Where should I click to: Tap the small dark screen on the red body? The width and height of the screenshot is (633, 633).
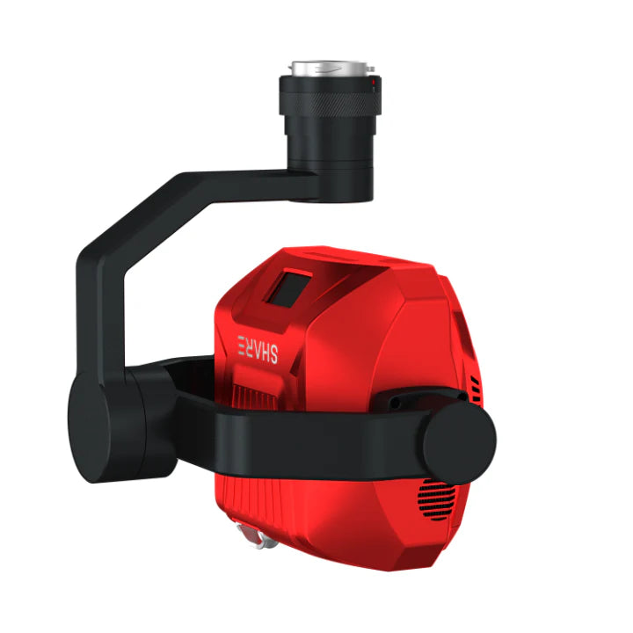tap(287, 289)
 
